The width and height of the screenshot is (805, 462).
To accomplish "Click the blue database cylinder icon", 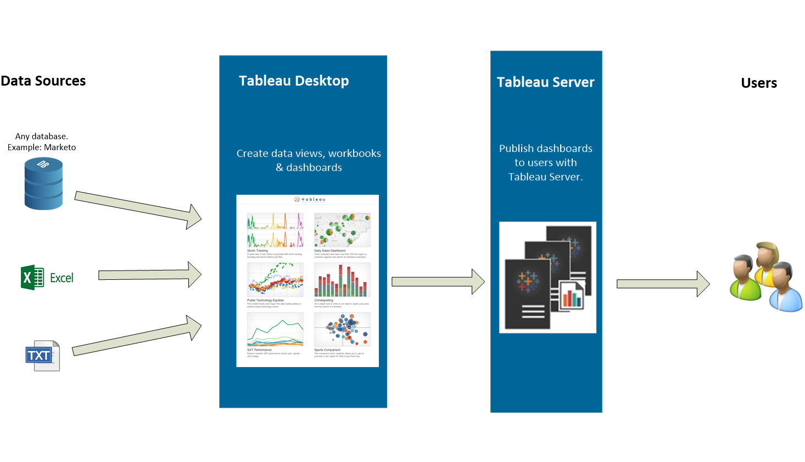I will click(43, 184).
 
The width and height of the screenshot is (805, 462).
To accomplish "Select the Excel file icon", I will click(46, 278).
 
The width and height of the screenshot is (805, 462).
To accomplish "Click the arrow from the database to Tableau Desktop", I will click(137, 208).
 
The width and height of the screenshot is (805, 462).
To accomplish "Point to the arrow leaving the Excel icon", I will click(148, 274).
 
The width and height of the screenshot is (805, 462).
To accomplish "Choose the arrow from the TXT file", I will click(137, 337).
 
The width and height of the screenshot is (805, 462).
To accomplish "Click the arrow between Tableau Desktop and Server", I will click(437, 281).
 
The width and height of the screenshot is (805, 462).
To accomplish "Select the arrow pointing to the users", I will click(662, 284).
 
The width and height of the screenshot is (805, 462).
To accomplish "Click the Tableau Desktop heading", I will click(294, 81).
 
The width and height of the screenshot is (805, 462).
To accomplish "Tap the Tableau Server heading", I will click(545, 82).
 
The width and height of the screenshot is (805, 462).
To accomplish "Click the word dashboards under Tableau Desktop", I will click(314, 168).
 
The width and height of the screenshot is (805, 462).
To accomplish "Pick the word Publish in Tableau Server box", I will click(516, 149).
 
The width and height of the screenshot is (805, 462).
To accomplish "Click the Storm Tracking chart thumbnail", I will click(275, 230).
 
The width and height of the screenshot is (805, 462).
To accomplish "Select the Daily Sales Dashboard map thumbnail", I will click(342, 230).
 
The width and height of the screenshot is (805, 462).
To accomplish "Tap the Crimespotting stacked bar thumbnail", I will click(342, 280).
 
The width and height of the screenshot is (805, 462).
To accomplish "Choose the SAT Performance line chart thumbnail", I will click(275, 329).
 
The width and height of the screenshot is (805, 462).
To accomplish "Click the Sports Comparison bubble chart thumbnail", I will click(342, 329).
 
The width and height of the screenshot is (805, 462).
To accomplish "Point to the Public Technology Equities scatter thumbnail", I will click(275, 280).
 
